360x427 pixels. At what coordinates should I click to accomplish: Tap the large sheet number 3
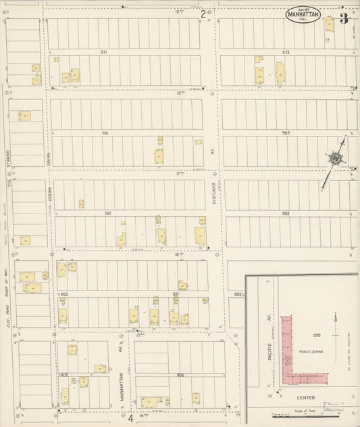pyautogui.click(x=344, y=18)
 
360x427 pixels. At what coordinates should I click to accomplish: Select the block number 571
pyautogui.click(x=104, y=52)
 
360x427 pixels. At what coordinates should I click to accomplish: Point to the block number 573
pyautogui.click(x=286, y=52)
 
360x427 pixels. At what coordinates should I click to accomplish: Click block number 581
pyautogui.click(x=105, y=133)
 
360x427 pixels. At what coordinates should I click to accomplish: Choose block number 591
pyautogui.click(x=107, y=214)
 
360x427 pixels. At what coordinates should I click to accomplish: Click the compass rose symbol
pyautogui.click(x=334, y=158)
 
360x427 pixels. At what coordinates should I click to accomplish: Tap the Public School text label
pyautogui.click(x=310, y=351)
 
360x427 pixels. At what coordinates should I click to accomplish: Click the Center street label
pyautogui.click(x=309, y=397)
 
